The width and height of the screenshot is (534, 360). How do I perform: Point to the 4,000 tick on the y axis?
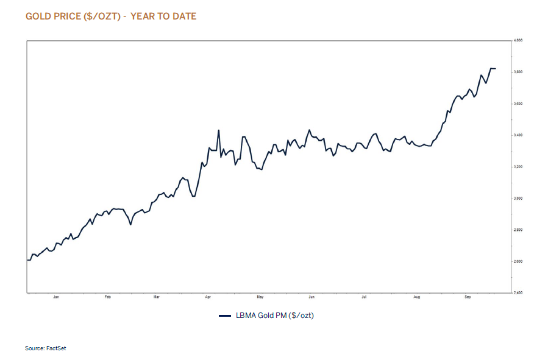point(519,40)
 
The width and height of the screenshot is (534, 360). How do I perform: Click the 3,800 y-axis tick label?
point(519,72)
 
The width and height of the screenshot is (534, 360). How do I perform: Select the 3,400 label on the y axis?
point(519,135)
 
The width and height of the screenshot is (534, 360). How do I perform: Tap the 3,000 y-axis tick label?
point(519,199)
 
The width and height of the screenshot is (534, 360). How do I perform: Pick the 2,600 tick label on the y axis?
point(519,262)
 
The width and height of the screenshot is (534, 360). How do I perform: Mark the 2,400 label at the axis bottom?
point(519,293)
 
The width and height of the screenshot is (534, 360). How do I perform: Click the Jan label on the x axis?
point(56,298)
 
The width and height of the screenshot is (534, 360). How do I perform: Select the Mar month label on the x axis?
point(157,298)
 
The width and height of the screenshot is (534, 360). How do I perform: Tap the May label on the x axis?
point(260,298)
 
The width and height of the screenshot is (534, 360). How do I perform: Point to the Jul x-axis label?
point(363,298)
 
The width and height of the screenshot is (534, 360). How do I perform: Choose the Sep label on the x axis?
point(468,298)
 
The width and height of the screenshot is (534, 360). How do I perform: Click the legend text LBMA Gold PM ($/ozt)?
point(274,316)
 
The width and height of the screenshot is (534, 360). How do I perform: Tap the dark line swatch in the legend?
point(224,316)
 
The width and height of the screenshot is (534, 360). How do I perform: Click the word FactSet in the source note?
point(55,348)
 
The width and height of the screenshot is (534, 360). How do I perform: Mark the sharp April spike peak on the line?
point(218,130)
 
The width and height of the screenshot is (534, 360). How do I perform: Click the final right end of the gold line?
point(496,69)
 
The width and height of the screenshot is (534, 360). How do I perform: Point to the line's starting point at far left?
point(27,260)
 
